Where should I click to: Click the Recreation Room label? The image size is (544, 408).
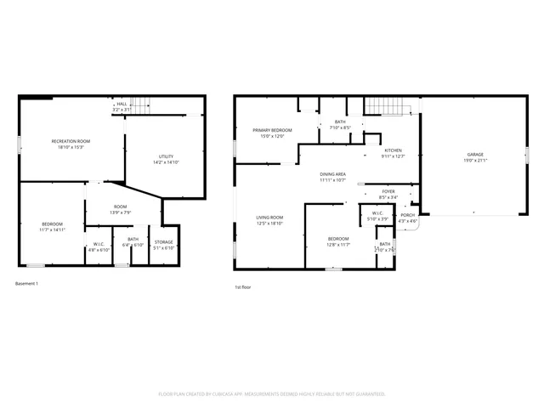point(71,141)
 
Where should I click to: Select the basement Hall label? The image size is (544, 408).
point(122,104)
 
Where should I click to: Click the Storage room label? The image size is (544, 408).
point(163,242)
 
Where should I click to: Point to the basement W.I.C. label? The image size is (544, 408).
point(99,246)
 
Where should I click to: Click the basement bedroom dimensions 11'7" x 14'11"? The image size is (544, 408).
point(52,229)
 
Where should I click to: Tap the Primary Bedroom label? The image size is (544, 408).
point(267,130)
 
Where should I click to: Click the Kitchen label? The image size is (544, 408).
point(393,150)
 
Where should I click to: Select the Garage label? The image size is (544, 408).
point(474,155)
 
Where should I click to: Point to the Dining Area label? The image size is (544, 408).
point(332,173)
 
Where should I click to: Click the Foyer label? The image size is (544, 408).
point(388,191)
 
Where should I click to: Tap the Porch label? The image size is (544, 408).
point(408,215)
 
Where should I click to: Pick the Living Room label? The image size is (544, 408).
point(269,218)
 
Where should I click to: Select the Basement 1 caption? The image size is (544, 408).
point(27,283)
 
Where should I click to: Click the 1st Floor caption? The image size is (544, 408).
point(242,287)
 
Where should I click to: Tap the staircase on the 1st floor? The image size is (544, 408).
point(388,106)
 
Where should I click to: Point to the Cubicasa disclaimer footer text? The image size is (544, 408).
point(272,394)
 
